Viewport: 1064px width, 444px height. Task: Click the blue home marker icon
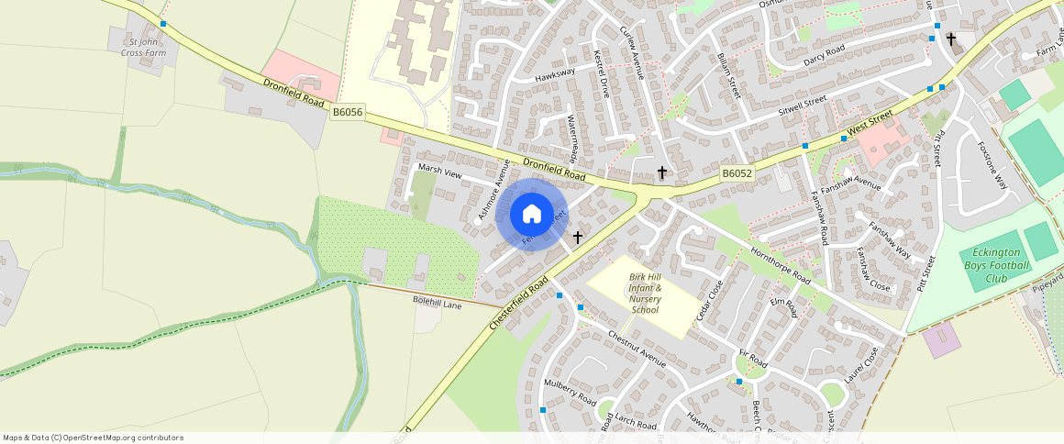pyautogui.click(x=532, y=215)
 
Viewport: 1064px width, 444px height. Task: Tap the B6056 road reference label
pyautogui.click(x=348, y=112)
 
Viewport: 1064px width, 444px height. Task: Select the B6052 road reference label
pyautogui.click(x=737, y=172)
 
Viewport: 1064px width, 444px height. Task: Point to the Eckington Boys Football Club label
pyautogui.click(x=994, y=266)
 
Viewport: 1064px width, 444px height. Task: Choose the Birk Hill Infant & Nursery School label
pyautogui.click(x=646, y=293)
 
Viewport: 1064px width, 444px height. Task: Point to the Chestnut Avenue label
pyautogui.click(x=637, y=349)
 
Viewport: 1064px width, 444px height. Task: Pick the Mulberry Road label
pyautogui.click(x=570, y=393)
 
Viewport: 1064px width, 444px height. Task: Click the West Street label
pyautogui.click(x=870, y=124)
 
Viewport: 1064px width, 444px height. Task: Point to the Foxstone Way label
pyautogui.click(x=992, y=164)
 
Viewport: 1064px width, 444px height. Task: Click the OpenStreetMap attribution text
pyautogui.click(x=94, y=438)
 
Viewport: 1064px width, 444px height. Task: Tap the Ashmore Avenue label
pyautogui.click(x=493, y=190)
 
